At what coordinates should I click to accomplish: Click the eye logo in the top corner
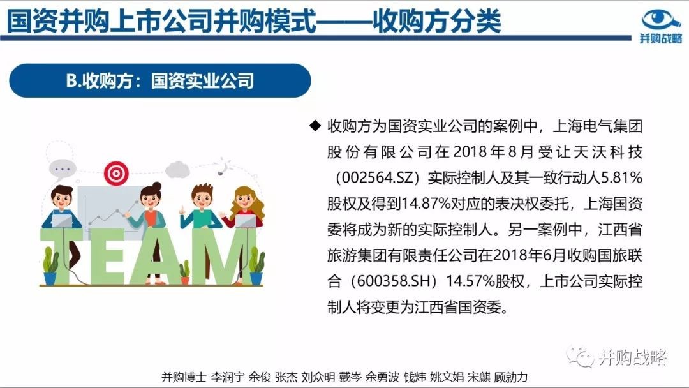661,20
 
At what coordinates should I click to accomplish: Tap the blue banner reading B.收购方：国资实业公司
160,80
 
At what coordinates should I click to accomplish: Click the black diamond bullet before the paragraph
315,126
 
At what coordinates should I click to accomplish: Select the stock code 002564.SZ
378,177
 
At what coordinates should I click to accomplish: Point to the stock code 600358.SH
390,281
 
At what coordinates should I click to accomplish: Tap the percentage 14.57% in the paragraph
471,281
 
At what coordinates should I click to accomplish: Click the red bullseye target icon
117,173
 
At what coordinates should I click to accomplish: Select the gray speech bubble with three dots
63,169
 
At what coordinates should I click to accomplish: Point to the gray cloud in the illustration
177,170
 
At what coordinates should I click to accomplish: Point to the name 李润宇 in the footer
228,377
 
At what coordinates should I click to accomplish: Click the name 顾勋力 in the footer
510,377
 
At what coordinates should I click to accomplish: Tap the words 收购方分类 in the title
437,20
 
